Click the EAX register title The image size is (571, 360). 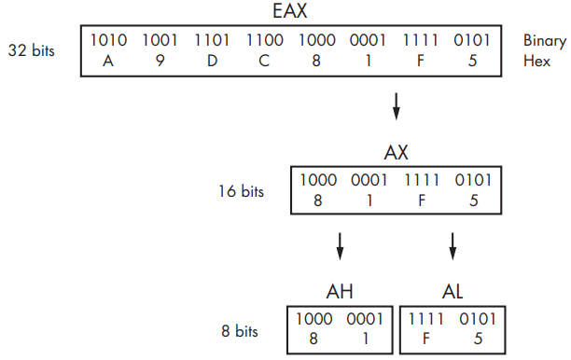coord(290,10)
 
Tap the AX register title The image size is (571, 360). coord(397,153)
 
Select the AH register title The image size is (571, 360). coord(340,292)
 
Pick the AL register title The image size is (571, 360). coord(453,292)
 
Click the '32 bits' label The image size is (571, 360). coord(32,50)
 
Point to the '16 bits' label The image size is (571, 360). coord(241,191)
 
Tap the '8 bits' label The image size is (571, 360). coord(240,331)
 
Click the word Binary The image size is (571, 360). coord(545,41)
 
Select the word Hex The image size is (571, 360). coord(536,61)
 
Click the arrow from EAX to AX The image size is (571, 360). coord(397,106)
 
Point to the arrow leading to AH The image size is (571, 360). coord(340,246)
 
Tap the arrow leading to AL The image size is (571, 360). coord(453,246)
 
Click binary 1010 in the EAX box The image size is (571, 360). coord(108,40)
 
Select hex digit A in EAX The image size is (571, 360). coord(108,61)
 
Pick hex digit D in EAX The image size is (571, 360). coord(213,61)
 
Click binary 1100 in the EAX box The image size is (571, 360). coord(265,40)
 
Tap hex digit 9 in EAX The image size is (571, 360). coord(160,61)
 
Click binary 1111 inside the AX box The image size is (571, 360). coord(422,180)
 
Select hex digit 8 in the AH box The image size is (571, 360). coord(313,339)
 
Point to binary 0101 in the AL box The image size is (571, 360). coord(478,319)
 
